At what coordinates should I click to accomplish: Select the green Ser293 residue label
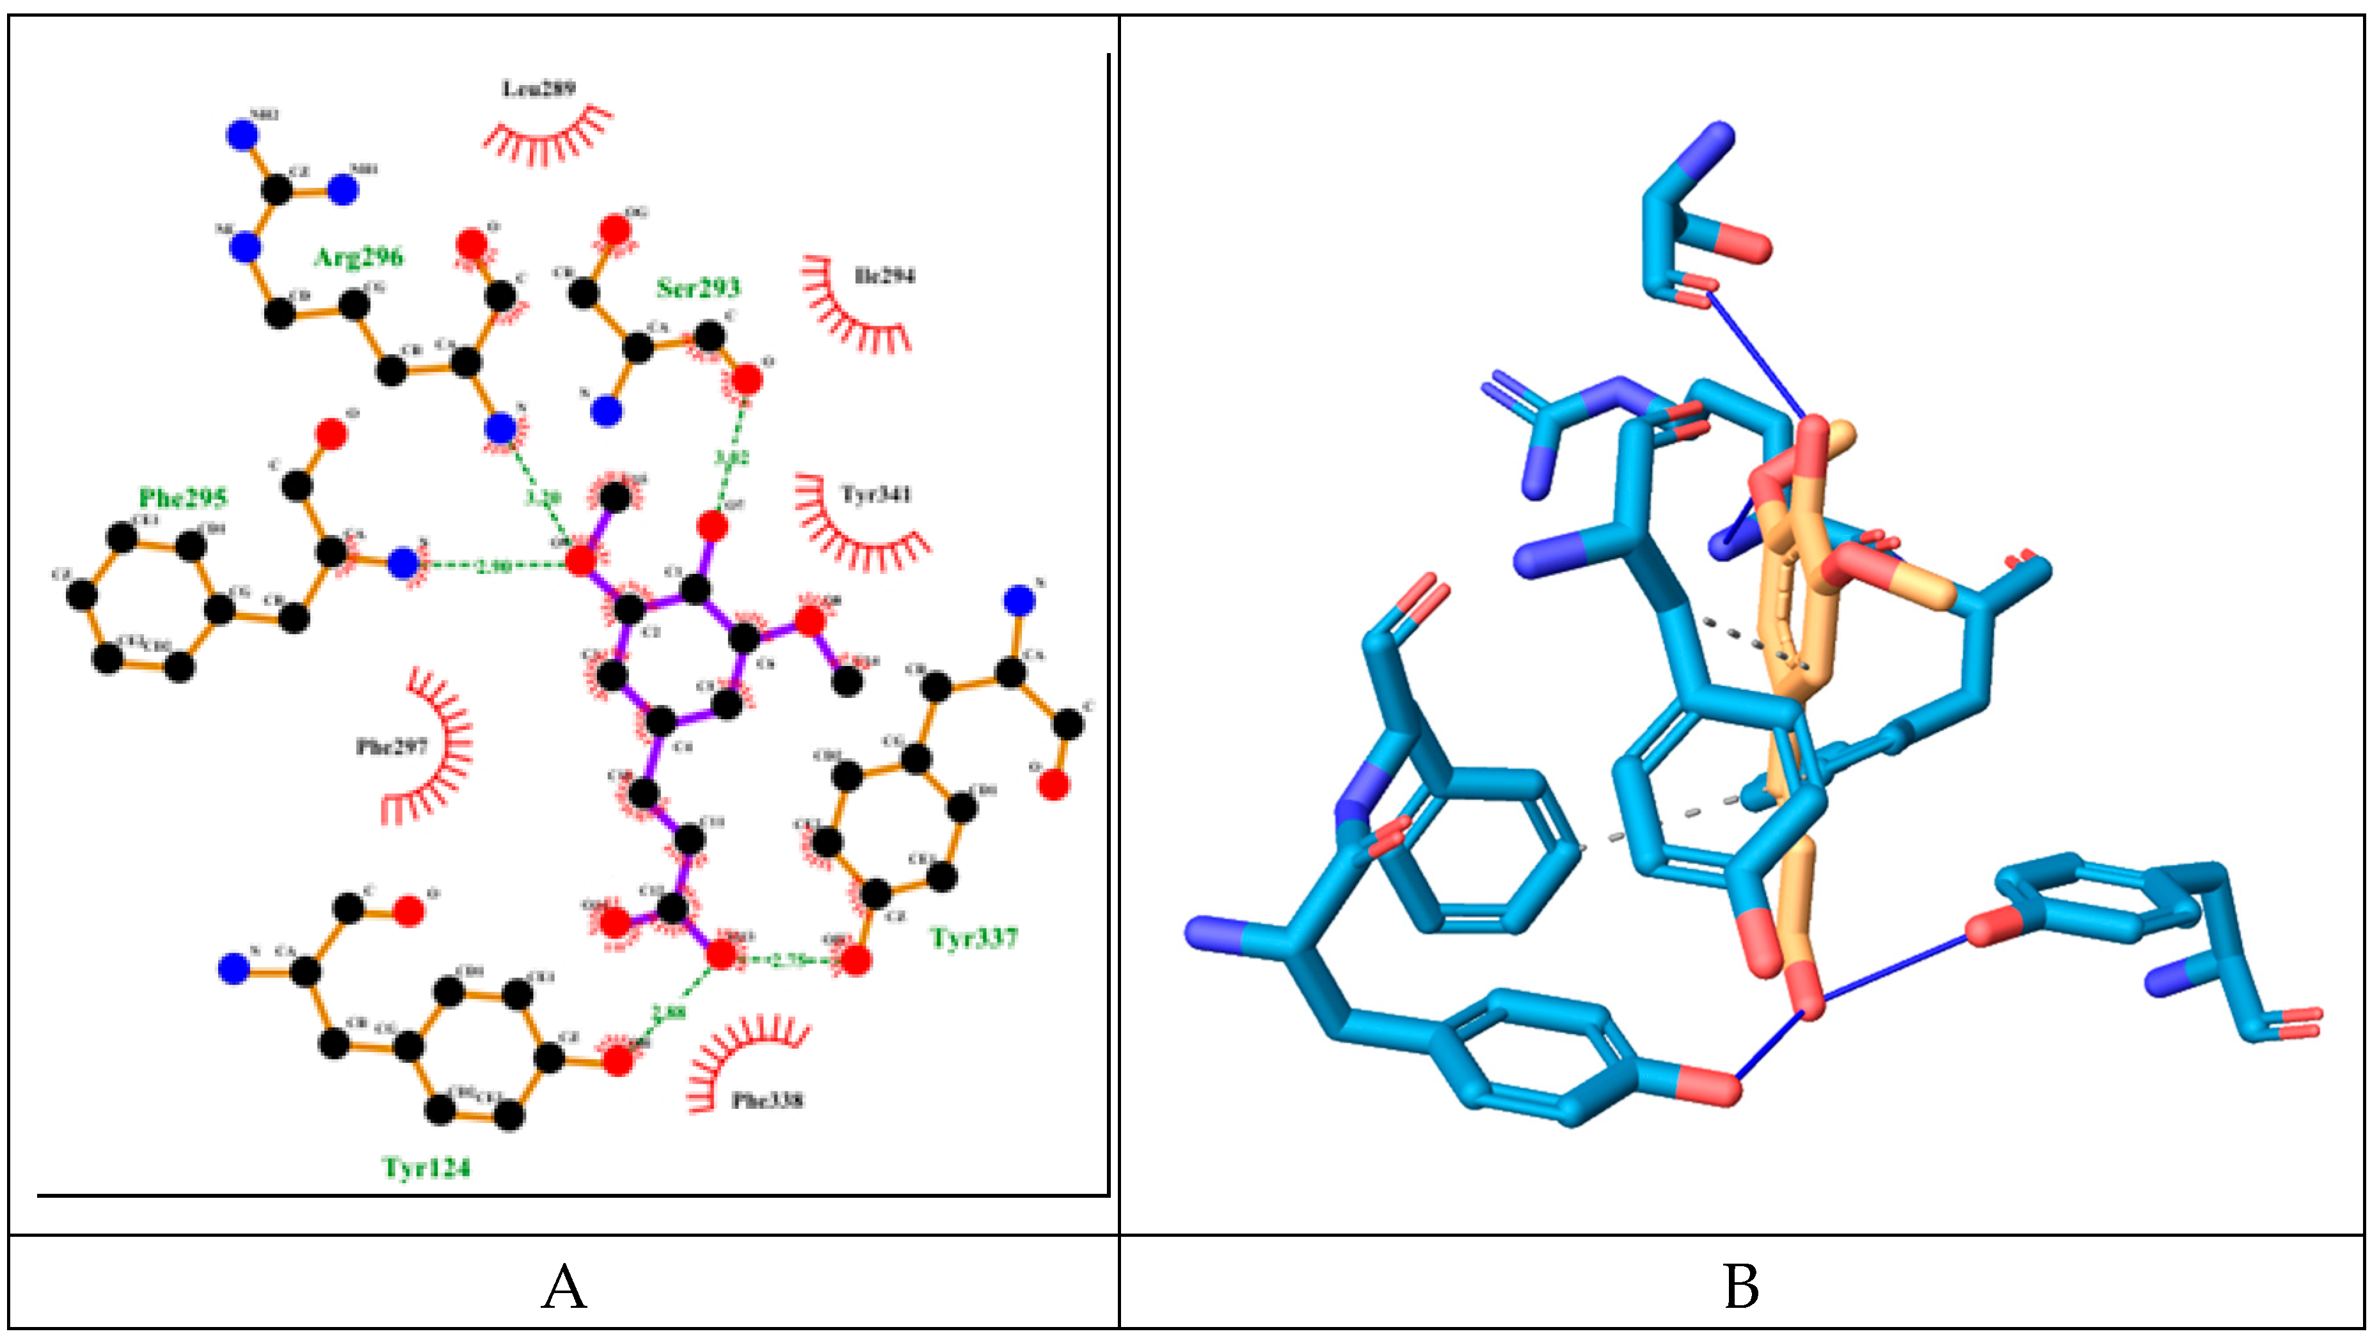(x=698, y=288)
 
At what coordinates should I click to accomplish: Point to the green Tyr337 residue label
(x=973, y=939)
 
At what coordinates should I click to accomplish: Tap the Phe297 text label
(x=392, y=746)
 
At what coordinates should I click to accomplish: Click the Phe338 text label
(x=767, y=1100)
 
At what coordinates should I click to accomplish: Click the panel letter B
(x=1741, y=1287)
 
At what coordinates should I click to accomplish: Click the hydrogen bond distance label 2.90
(x=493, y=565)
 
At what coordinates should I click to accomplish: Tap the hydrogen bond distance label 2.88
(x=669, y=1012)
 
